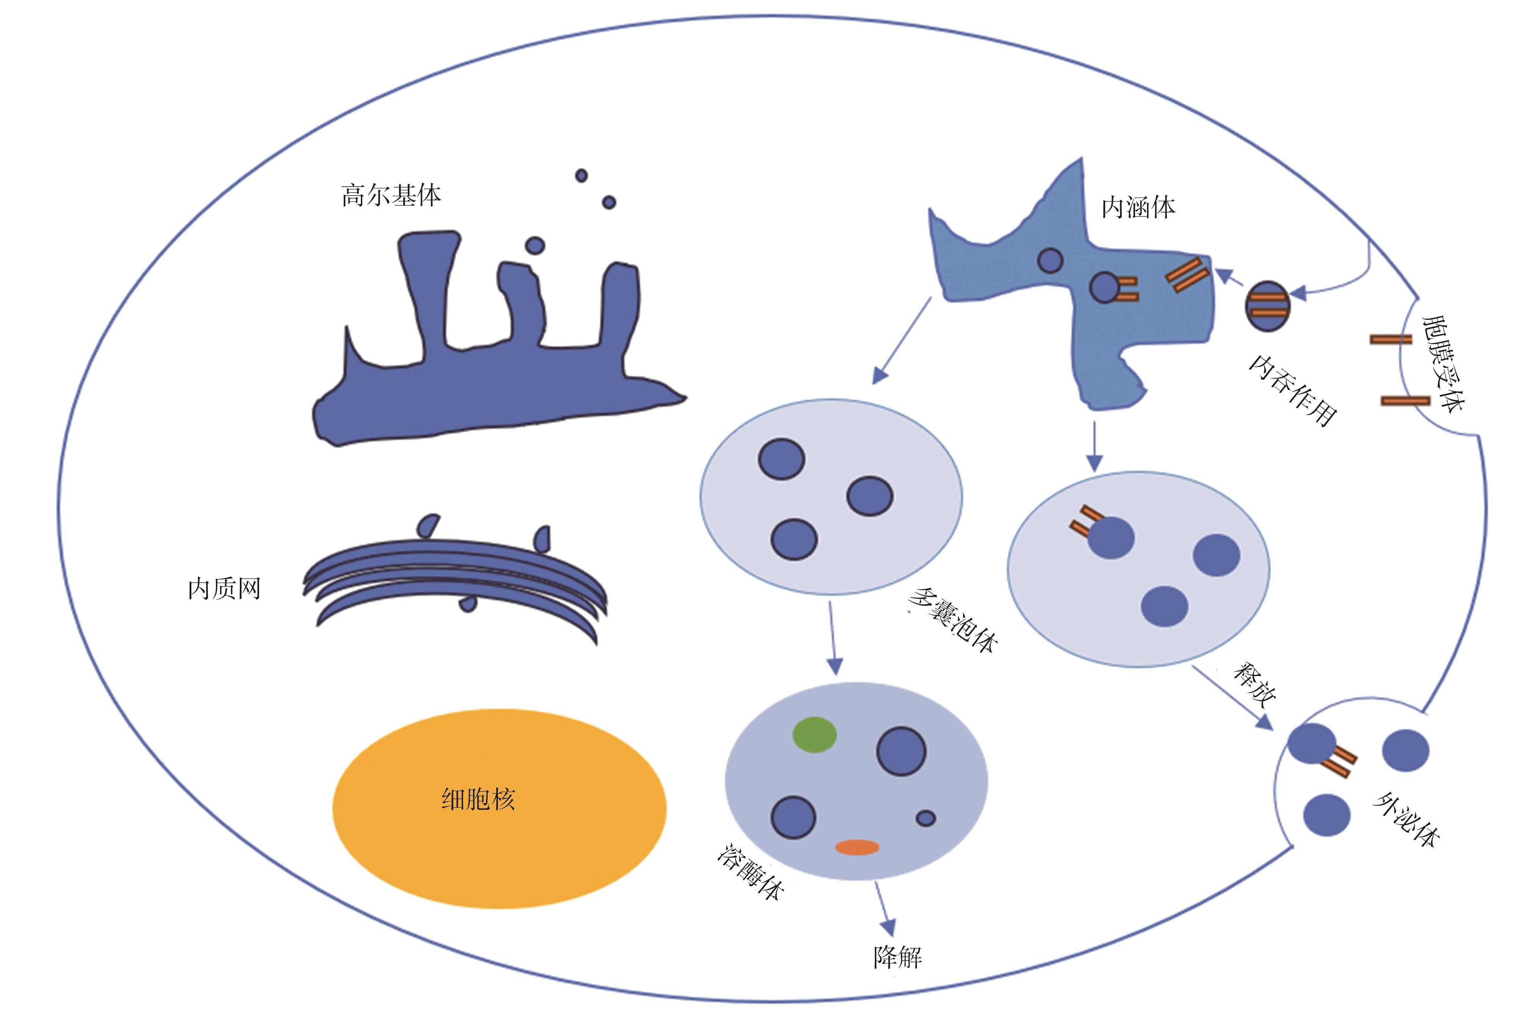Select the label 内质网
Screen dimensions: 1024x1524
[224, 588]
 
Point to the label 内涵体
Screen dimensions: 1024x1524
[1138, 208]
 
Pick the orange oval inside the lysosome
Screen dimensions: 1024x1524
[857, 847]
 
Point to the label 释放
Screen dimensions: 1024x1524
[1254, 685]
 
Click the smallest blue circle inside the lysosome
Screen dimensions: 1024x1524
[926, 818]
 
